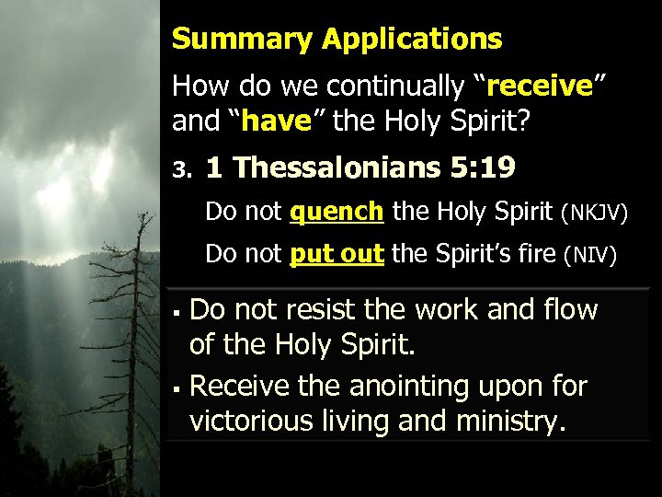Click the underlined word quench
337,213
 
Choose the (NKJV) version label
594,214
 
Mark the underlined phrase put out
336,254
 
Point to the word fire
534,253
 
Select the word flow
566,310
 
